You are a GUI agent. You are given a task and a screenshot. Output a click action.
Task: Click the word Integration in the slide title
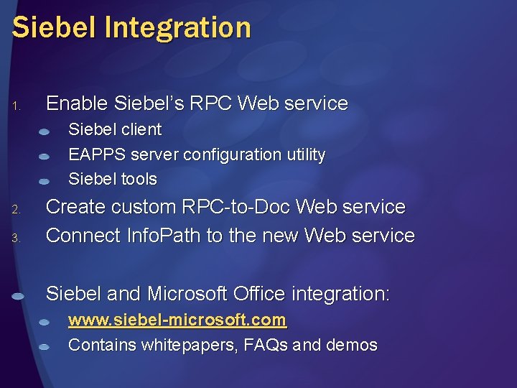(x=180, y=29)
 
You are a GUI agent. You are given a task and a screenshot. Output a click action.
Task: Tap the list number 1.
(x=16, y=107)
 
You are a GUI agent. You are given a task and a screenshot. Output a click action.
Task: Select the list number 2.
(x=16, y=211)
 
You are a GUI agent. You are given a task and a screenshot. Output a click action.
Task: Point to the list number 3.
(x=16, y=239)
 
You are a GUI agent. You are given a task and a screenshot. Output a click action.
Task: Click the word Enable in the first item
(x=77, y=103)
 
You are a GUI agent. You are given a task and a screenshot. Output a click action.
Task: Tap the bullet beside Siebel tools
(x=45, y=180)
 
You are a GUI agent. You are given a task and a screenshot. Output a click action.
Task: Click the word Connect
(x=82, y=236)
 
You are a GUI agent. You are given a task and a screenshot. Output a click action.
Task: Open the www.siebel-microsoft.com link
(x=177, y=320)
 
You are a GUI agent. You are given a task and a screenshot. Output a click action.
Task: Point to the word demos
(x=351, y=345)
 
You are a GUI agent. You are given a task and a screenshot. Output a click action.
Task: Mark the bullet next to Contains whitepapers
(x=45, y=346)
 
